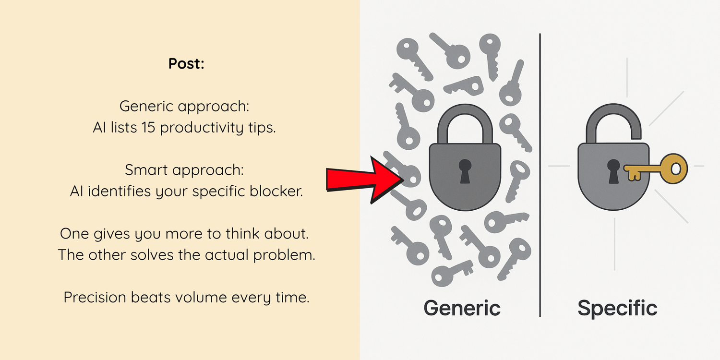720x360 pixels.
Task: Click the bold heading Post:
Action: click(186, 64)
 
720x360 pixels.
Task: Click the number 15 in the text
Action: click(148, 127)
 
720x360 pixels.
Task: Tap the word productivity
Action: click(202, 128)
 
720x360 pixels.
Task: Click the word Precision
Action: click(95, 297)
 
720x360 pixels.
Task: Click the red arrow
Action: click(365, 180)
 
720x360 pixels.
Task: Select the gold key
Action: click(656, 169)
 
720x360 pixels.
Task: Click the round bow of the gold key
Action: click(674, 168)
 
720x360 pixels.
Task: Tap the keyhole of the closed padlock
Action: click(465, 171)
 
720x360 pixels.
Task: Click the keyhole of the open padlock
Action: click(613, 171)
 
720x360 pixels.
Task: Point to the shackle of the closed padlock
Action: click(465, 111)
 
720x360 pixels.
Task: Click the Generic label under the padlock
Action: click(462, 308)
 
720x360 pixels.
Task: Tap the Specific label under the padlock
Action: click(617, 309)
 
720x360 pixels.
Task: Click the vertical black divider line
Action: click(540, 175)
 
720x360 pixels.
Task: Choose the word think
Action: click(243, 233)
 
